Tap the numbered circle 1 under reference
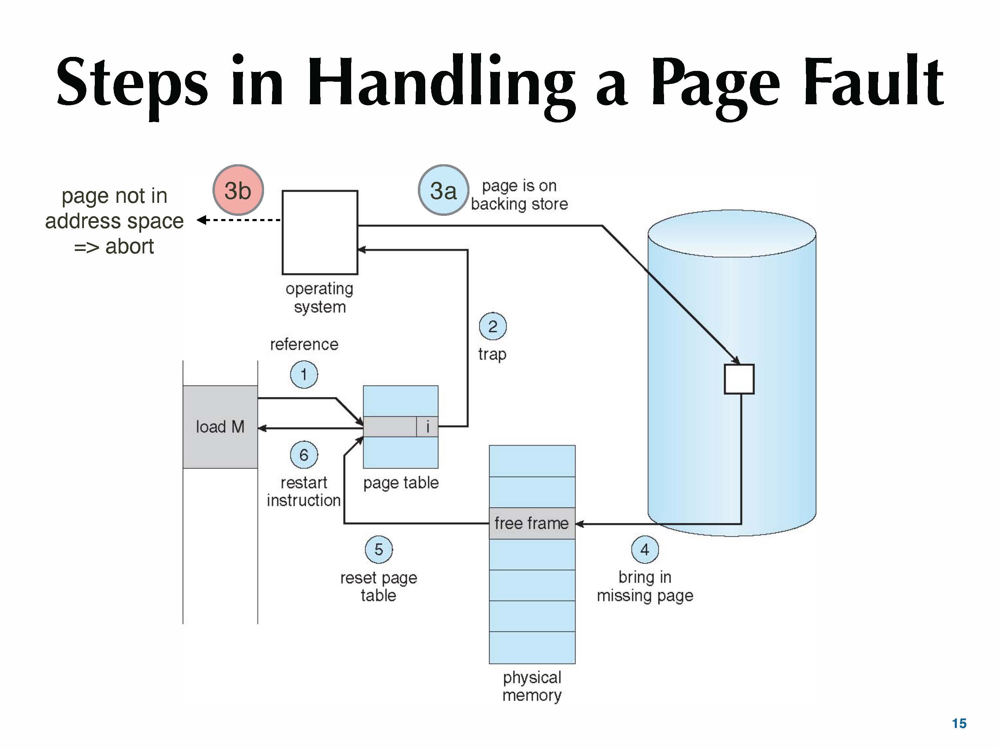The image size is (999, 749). pyautogui.click(x=304, y=374)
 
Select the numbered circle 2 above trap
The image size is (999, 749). pyautogui.click(x=492, y=326)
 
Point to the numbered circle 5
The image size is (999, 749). pyautogui.click(x=379, y=549)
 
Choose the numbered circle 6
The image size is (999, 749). pyautogui.click(x=304, y=455)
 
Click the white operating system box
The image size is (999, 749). pyautogui.click(x=320, y=232)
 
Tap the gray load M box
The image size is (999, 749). pyautogui.click(x=220, y=427)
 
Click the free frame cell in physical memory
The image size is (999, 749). pyautogui.click(x=532, y=523)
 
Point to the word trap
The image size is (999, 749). pyautogui.click(x=492, y=354)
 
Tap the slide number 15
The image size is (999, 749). pyautogui.click(x=959, y=723)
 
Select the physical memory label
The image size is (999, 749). pyautogui.click(x=532, y=686)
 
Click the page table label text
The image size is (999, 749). pyautogui.click(x=401, y=483)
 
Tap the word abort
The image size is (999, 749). pyautogui.click(x=130, y=246)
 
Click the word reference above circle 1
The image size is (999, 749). pyautogui.click(x=304, y=344)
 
